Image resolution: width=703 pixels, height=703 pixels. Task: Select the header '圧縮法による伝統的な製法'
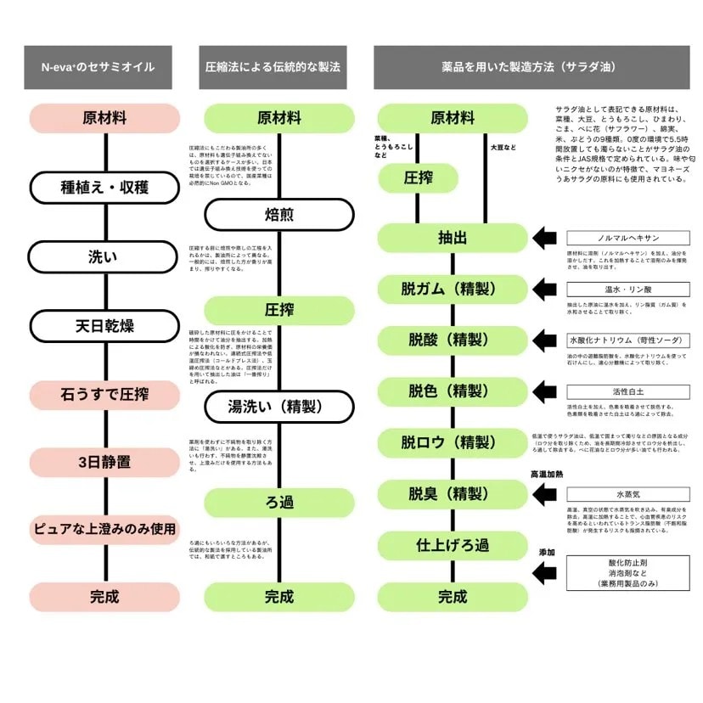coord(273,67)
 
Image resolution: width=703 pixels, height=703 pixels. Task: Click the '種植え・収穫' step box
coord(104,188)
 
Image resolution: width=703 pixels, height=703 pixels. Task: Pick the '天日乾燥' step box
coord(104,325)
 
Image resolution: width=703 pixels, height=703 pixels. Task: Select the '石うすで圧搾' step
coord(104,394)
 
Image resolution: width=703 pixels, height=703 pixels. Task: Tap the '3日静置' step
coord(104,463)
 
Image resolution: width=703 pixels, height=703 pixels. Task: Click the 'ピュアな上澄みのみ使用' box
coord(104,529)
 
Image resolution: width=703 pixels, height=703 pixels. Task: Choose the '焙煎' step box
coord(278,215)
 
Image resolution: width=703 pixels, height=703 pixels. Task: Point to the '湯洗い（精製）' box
coord(278,406)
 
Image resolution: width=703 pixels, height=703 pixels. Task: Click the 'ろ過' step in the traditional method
coord(278,503)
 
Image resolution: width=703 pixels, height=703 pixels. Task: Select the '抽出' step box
coord(453,239)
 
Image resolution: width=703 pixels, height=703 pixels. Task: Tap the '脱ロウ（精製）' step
coord(453,442)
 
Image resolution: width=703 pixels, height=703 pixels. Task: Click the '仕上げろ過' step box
coord(453,544)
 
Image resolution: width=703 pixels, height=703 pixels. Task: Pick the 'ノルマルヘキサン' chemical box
coord(628,239)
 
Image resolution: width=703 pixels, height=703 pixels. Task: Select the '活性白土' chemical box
coord(628,391)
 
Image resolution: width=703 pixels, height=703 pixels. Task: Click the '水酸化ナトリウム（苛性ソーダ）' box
coord(628,340)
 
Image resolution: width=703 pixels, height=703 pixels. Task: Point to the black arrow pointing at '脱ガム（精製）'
coord(545,290)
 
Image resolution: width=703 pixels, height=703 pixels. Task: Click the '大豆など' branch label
coord(502,148)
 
